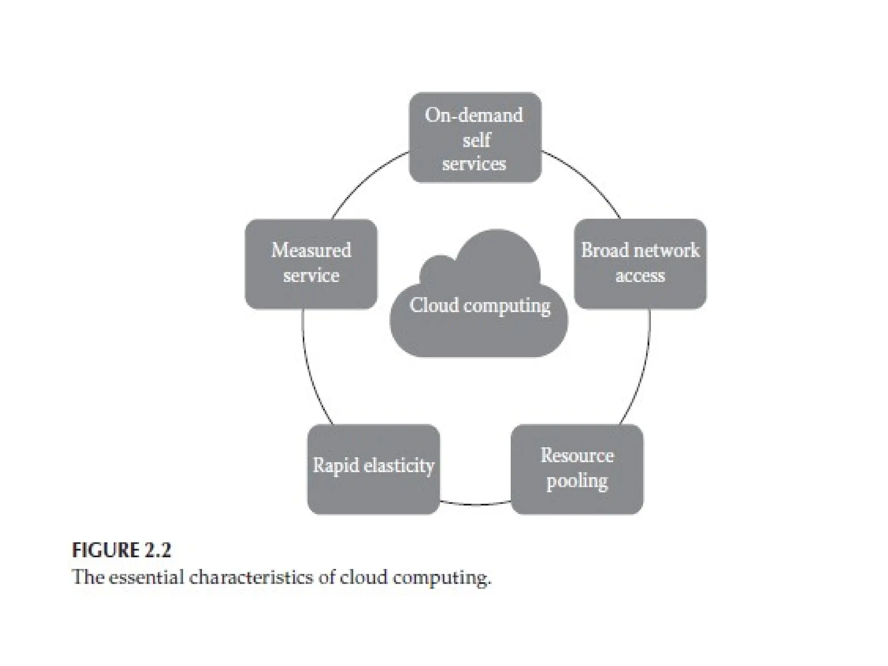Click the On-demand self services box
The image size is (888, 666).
[x=475, y=137]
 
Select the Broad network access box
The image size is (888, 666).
[x=640, y=264]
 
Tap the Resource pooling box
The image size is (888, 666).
[x=577, y=469]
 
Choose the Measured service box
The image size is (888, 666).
[x=311, y=264]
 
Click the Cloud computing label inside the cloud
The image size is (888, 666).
[x=480, y=305]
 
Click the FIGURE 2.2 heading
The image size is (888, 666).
[x=121, y=550]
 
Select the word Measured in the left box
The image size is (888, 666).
[x=311, y=250]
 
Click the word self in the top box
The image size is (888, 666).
[x=476, y=140]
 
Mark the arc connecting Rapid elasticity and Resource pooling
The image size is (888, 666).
[x=476, y=505]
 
